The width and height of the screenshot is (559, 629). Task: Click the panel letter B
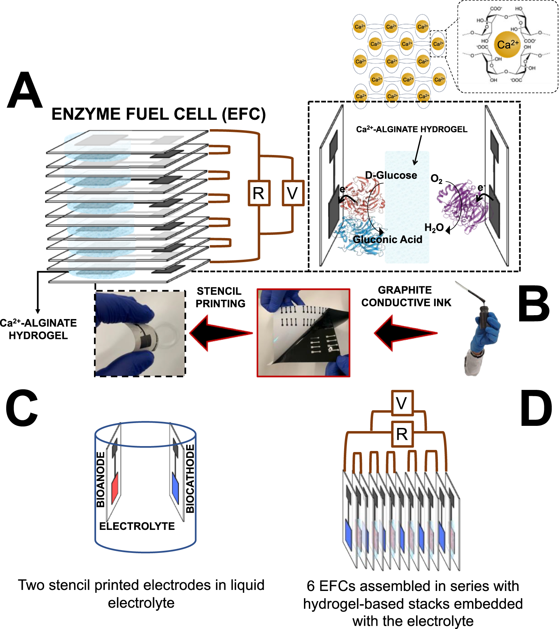coord(533,304)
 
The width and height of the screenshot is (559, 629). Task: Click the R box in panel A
coord(259,193)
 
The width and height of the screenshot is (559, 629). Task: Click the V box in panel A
coord(293,193)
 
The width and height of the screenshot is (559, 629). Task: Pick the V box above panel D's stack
coord(402,403)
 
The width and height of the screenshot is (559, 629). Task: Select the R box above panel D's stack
coord(402,434)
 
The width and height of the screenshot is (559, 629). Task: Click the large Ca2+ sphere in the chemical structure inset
coord(507,44)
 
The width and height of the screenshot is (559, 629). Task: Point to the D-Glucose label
coord(391,175)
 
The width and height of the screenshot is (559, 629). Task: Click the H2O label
coord(434,228)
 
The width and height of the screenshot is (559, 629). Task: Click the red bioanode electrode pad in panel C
coord(115,488)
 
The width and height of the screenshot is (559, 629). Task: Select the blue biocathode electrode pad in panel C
coord(176,488)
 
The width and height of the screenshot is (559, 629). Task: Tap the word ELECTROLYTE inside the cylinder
coord(137,526)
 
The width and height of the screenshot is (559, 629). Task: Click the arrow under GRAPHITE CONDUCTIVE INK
coord(405,333)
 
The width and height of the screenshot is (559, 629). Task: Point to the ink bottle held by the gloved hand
coord(483,316)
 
